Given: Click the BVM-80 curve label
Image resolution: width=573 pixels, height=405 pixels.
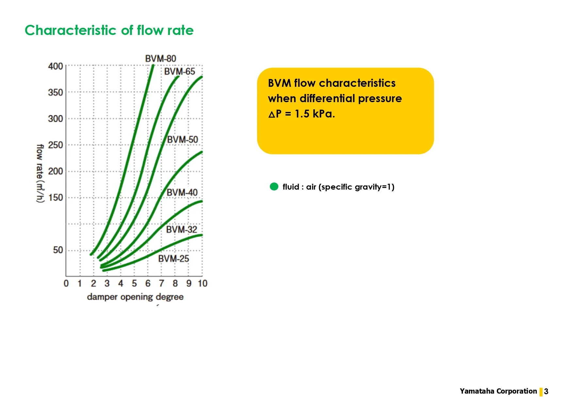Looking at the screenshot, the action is click(x=160, y=59).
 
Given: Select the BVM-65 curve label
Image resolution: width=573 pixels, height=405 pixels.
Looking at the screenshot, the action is click(x=179, y=71).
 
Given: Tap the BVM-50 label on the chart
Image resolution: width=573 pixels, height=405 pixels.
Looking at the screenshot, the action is click(x=183, y=140).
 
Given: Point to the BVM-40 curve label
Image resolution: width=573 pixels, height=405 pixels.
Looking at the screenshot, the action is click(x=182, y=193).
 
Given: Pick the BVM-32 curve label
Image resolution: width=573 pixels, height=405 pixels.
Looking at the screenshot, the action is click(x=182, y=230).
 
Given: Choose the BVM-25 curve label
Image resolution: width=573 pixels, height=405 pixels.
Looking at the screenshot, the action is click(x=173, y=259).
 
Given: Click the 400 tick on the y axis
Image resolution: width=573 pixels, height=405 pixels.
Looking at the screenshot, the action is click(x=56, y=66).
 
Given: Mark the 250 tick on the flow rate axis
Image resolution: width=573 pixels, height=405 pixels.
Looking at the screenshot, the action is click(x=56, y=145).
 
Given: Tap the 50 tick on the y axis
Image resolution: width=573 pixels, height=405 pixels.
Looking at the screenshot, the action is click(x=58, y=250).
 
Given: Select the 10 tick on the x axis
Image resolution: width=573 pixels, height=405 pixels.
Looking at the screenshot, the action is click(x=203, y=283).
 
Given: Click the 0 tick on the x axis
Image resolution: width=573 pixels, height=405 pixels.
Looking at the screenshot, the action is click(x=66, y=283).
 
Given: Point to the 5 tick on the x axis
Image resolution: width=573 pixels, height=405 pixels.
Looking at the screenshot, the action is click(x=134, y=283).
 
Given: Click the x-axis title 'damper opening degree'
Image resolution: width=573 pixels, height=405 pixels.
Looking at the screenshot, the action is click(x=135, y=297).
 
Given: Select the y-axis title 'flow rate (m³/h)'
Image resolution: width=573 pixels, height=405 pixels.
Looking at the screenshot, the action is click(x=40, y=173).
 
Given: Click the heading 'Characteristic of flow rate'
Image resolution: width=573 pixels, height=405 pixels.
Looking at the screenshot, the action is click(x=109, y=30).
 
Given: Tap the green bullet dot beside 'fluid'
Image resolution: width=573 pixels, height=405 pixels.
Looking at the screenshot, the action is click(x=274, y=187).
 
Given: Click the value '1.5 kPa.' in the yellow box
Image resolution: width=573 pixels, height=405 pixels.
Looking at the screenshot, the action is click(x=315, y=114).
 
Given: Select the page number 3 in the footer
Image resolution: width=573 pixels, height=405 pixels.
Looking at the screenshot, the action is click(x=546, y=392).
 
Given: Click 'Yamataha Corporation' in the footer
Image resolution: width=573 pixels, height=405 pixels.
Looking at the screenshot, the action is click(x=498, y=391).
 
